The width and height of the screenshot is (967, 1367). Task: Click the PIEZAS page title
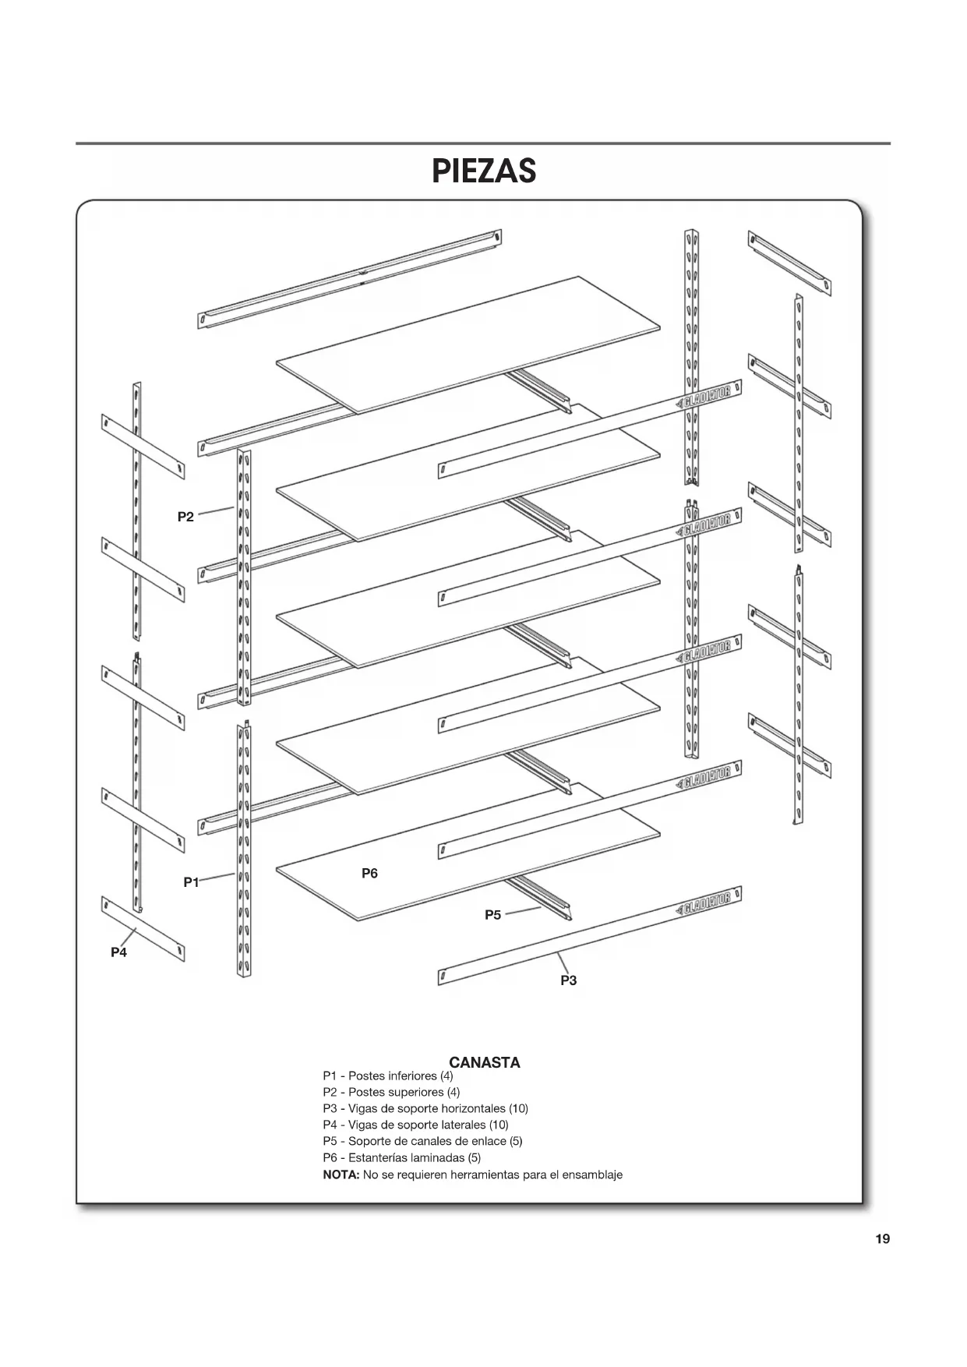tap(484, 171)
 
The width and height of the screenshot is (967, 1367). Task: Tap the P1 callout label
tap(191, 882)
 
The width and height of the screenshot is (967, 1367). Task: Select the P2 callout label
tap(185, 517)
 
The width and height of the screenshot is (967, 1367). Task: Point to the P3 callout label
tap(569, 980)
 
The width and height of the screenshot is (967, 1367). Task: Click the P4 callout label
tap(118, 952)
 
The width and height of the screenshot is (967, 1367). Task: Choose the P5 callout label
tap(493, 915)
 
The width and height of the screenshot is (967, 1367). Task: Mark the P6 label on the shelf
tap(370, 874)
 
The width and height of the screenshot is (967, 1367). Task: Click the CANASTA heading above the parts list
tap(485, 1062)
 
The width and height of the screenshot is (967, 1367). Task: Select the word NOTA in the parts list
tap(341, 1174)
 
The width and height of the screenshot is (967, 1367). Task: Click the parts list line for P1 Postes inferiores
tap(388, 1076)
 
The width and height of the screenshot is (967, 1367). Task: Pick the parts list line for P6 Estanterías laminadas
tap(402, 1157)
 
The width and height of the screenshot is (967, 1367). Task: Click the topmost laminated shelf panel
tap(468, 343)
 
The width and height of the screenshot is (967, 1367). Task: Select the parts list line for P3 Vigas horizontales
tap(425, 1108)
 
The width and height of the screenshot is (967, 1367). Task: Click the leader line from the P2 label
tap(216, 512)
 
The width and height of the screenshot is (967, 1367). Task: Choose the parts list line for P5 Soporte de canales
tap(422, 1141)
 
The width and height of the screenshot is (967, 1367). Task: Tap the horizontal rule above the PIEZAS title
tap(483, 143)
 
